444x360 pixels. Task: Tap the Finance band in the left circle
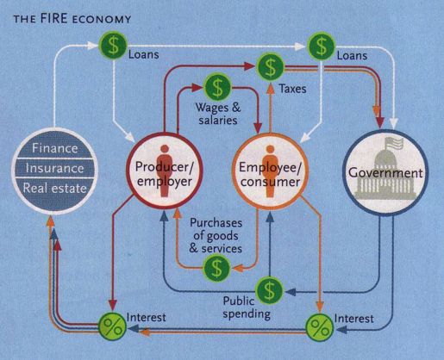[54, 147]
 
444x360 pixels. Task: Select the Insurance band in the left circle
[54, 168]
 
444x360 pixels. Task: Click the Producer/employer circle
[164, 171]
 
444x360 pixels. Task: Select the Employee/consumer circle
[270, 171]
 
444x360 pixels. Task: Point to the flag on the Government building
[394, 143]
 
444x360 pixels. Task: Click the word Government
[385, 173]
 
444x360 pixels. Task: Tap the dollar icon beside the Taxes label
[270, 68]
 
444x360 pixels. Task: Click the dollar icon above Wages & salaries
[217, 86]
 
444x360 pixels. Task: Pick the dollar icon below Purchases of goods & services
[217, 268]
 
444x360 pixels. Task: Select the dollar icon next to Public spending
[269, 290]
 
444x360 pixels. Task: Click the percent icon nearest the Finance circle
[112, 326]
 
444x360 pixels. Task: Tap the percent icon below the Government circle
[320, 327]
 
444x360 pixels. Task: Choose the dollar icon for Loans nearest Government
[322, 46]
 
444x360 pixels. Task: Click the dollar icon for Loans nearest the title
[113, 45]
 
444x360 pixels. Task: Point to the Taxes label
[292, 89]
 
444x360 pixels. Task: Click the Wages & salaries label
[218, 114]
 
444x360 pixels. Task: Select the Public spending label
[247, 307]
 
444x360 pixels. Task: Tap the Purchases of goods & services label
[216, 236]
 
